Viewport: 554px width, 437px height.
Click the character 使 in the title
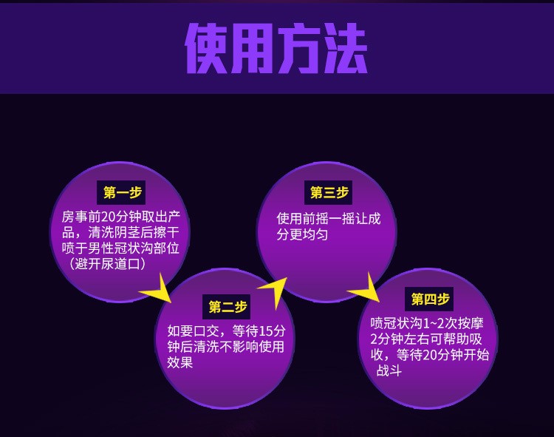208,49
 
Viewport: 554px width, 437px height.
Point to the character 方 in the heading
300,49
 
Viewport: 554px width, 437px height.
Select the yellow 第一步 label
122,193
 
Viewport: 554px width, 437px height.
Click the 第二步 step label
228,307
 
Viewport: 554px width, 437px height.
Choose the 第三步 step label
329,193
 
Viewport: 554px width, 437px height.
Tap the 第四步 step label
430,299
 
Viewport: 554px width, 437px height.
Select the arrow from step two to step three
275,291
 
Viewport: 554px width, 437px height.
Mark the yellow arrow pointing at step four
366,288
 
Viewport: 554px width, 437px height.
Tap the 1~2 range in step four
434,324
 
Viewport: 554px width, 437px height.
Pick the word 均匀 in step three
315,234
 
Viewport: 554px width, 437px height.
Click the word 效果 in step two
179,362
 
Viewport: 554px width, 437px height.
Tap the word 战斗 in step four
389,370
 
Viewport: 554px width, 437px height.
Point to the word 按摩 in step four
471,324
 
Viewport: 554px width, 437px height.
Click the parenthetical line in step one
106,264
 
